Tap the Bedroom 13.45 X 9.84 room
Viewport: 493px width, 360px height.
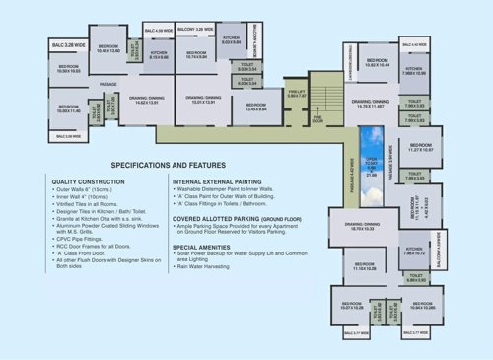(x=254, y=107)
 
